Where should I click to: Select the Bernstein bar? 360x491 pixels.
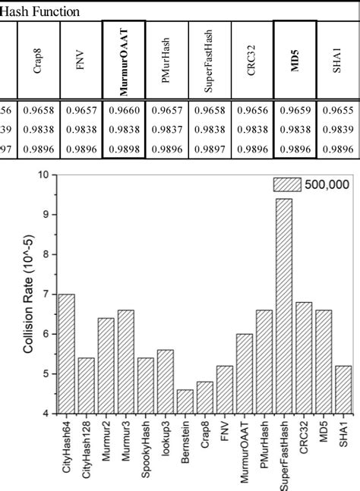click(x=185, y=401)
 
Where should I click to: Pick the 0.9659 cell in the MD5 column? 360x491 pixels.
click(x=293, y=111)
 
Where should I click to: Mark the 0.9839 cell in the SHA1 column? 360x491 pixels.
click(x=336, y=129)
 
